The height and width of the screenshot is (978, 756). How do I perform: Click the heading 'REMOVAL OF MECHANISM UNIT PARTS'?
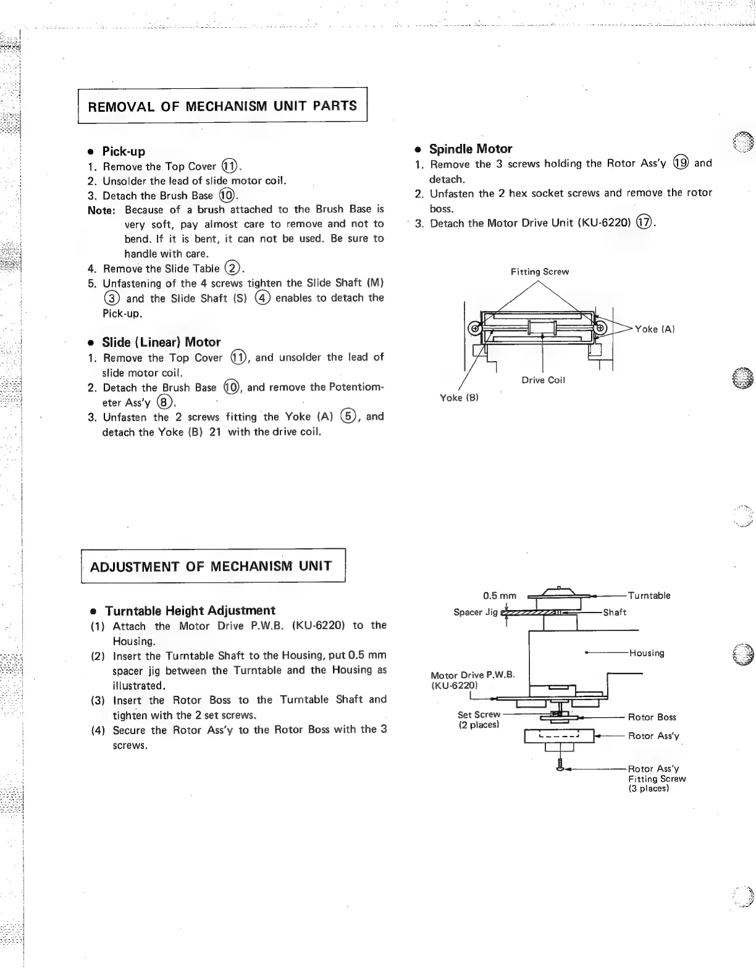[x=222, y=106]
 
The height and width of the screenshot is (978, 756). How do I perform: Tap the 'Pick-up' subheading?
[x=124, y=151]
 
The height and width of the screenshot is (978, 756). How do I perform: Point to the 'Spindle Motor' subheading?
[x=471, y=149]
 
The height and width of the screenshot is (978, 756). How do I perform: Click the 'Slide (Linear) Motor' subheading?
[x=161, y=342]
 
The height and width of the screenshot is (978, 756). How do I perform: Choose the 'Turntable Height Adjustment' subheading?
[x=190, y=611]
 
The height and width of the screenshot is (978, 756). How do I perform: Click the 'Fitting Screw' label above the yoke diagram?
[x=539, y=272]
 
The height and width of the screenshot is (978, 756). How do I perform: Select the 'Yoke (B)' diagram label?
[x=459, y=398]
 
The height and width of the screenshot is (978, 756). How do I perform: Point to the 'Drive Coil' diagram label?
[x=543, y=380]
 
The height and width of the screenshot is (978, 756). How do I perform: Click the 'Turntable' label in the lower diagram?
[x=649, y=596]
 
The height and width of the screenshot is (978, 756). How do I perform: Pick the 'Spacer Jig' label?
[x=476, y=612]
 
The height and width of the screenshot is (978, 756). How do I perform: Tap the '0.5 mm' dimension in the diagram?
[x=499, y=596]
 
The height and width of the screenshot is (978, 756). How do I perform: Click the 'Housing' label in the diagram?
[x=647, y=653]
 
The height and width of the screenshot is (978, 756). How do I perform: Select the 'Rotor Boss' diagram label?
[x=652, y=717]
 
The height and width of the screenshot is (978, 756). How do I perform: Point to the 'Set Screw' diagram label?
[x=479, y=714]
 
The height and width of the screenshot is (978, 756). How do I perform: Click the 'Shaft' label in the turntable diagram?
[x=615, y=612]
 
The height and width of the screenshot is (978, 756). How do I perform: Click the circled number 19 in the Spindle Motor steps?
[x=681, y=163]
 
